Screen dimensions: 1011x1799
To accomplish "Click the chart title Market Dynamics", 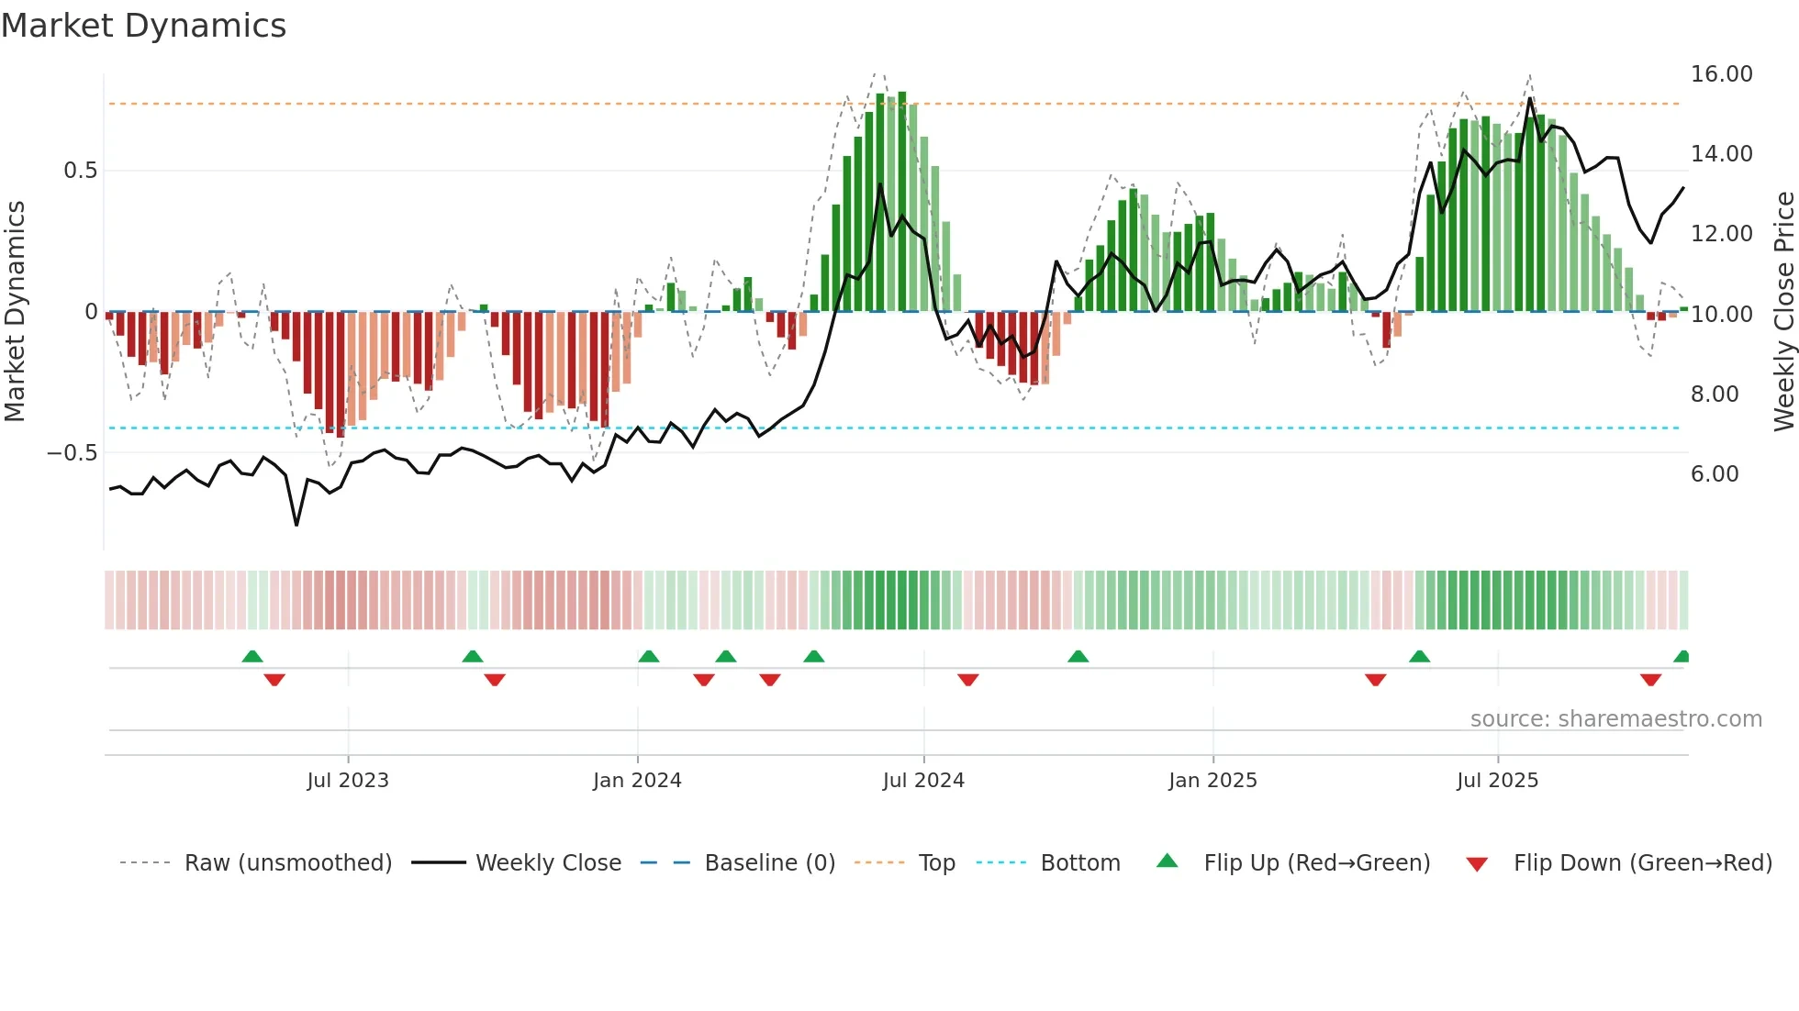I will (x=143, y=26).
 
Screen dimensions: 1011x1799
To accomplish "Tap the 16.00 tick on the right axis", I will (x=1721, y=74).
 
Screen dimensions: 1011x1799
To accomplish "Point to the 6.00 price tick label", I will (x=1715, y=474).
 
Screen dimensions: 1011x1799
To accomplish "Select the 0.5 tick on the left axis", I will (x=80, y=171).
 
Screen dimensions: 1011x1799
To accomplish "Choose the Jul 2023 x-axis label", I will (x=348, y=781).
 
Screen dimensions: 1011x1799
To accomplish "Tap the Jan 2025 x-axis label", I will (x=1212, y=781).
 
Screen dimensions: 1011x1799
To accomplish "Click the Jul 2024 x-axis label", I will (x=923, y=781).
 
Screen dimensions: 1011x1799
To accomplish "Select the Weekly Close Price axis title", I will (x=1783, y=311).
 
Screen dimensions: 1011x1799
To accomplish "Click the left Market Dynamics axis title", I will (x=16, y=311).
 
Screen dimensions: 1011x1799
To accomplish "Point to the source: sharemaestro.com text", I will (x=1615, y=719).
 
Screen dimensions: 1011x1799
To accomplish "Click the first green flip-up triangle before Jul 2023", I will (x=252, y=656).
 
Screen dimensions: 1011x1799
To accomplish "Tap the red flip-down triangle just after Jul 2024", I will (x=968, y=680).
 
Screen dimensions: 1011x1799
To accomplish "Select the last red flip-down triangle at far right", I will (x=1650, y=680).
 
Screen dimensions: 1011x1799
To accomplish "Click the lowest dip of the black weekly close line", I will (x=296, y=525).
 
